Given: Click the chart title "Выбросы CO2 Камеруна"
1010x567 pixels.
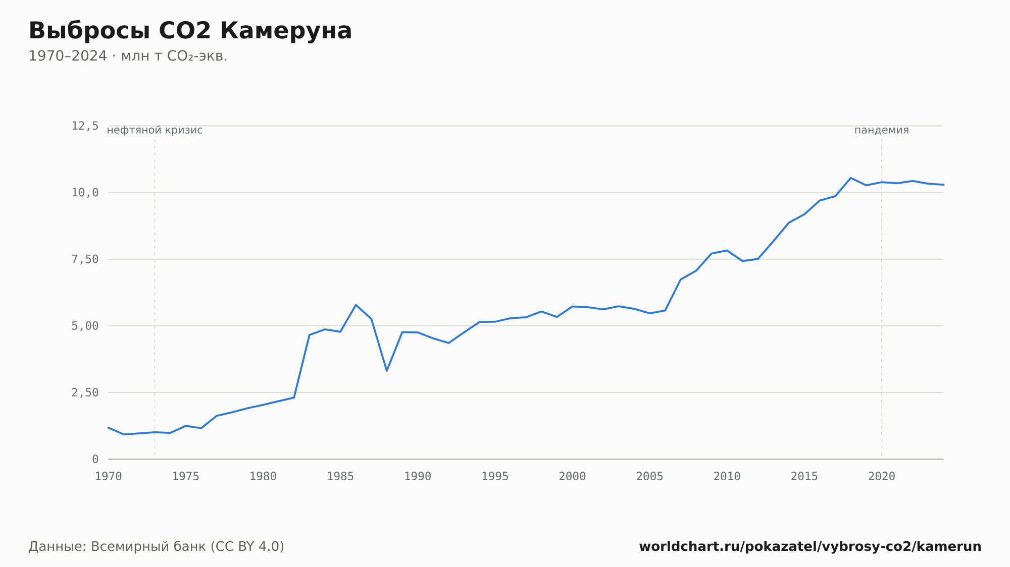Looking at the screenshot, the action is pos(190,31).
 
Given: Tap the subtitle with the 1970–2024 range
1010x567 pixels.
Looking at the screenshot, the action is pos(128,56).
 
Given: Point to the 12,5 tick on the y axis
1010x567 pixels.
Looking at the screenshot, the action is pos(85,126).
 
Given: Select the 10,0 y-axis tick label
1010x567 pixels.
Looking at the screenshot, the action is pos(85,193).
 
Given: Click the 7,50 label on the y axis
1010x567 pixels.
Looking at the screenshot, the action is pos(85,259).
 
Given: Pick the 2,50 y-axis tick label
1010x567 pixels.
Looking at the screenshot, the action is pos(85,392).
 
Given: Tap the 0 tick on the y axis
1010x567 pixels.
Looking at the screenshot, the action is pos(95,459).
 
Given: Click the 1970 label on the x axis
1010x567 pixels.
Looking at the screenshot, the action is pos(109,477).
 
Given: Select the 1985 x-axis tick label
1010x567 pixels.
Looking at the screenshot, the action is pos(340,477).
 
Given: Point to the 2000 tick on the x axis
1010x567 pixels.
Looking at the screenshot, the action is pos(572,477).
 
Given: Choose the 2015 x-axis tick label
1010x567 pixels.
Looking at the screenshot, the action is pos(804,477).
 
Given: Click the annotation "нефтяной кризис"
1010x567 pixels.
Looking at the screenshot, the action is pos(155,130).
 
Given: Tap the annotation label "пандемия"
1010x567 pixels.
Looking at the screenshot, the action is pos(881,130).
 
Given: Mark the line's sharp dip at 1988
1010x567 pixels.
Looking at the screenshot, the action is pos(387,371).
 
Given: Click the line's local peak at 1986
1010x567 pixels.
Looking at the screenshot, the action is pos(356,305).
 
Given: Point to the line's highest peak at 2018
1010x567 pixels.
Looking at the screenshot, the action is pos(850,178).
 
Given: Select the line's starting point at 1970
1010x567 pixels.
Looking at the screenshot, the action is pos(109,427).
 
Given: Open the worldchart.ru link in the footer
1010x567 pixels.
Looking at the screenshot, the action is pos(810,546).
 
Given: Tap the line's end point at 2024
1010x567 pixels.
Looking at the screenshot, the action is pos(943,185).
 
